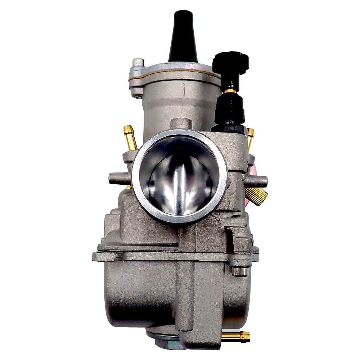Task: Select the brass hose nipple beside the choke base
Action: point(250,137)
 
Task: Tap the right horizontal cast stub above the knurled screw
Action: point(257,181)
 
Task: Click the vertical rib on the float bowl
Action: point(186,288)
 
